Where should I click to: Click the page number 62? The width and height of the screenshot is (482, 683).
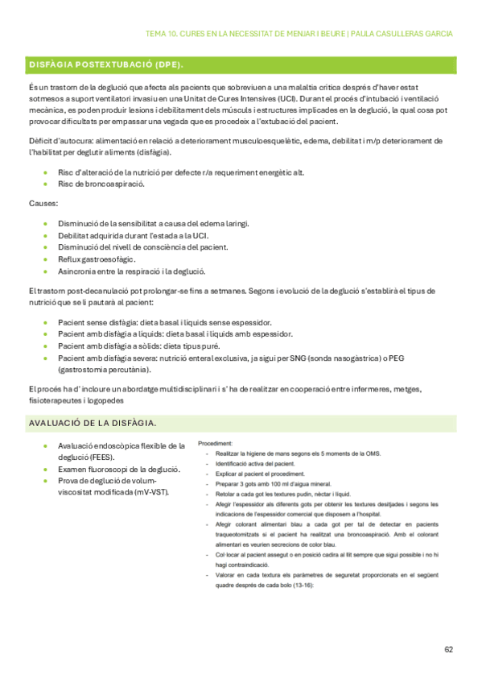[x=449, y=649]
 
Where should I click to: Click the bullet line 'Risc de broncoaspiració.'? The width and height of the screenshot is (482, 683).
[x=101, y=184]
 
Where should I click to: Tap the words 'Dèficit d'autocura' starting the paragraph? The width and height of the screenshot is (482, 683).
[x=60, y=141]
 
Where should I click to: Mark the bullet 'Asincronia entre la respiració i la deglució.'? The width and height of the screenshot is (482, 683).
[x=132, y=271]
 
